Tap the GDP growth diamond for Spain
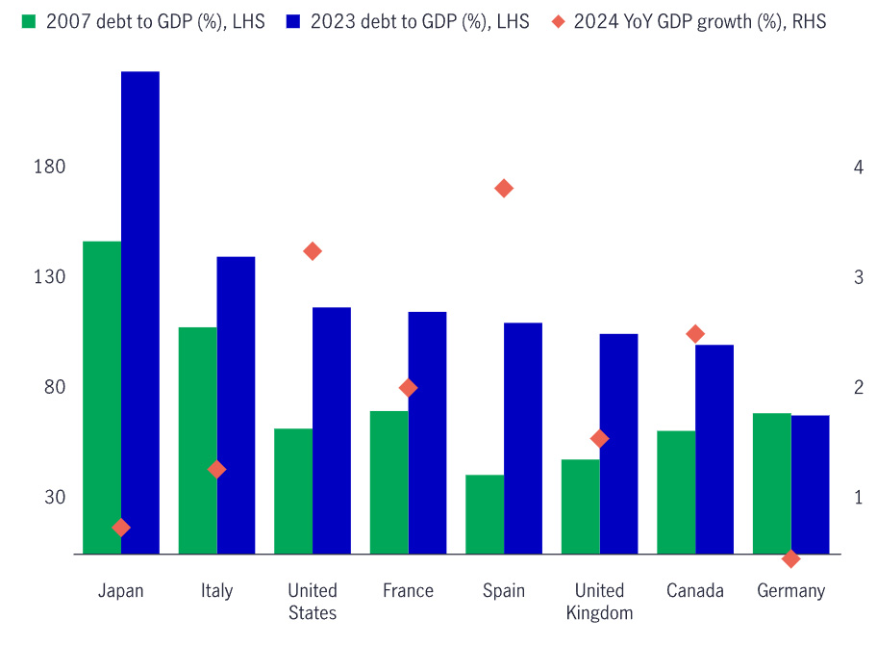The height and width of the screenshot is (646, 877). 504,188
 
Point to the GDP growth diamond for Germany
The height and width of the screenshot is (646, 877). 791,558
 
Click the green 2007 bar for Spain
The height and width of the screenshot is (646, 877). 485,514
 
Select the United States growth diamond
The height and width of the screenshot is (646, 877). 313,251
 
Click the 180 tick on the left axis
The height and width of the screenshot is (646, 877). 49,168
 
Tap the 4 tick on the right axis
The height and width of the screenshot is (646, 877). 831,168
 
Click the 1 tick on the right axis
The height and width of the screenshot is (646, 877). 831,498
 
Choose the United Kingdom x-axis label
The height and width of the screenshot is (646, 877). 599,602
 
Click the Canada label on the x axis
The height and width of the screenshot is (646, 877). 695,591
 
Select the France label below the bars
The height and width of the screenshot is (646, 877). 408,591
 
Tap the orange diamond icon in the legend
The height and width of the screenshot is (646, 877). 558,21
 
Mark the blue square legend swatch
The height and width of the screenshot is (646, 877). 293,21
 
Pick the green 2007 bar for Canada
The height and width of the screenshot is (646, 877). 676,492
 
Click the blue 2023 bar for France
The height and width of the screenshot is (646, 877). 427,432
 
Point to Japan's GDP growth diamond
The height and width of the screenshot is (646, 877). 121,528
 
